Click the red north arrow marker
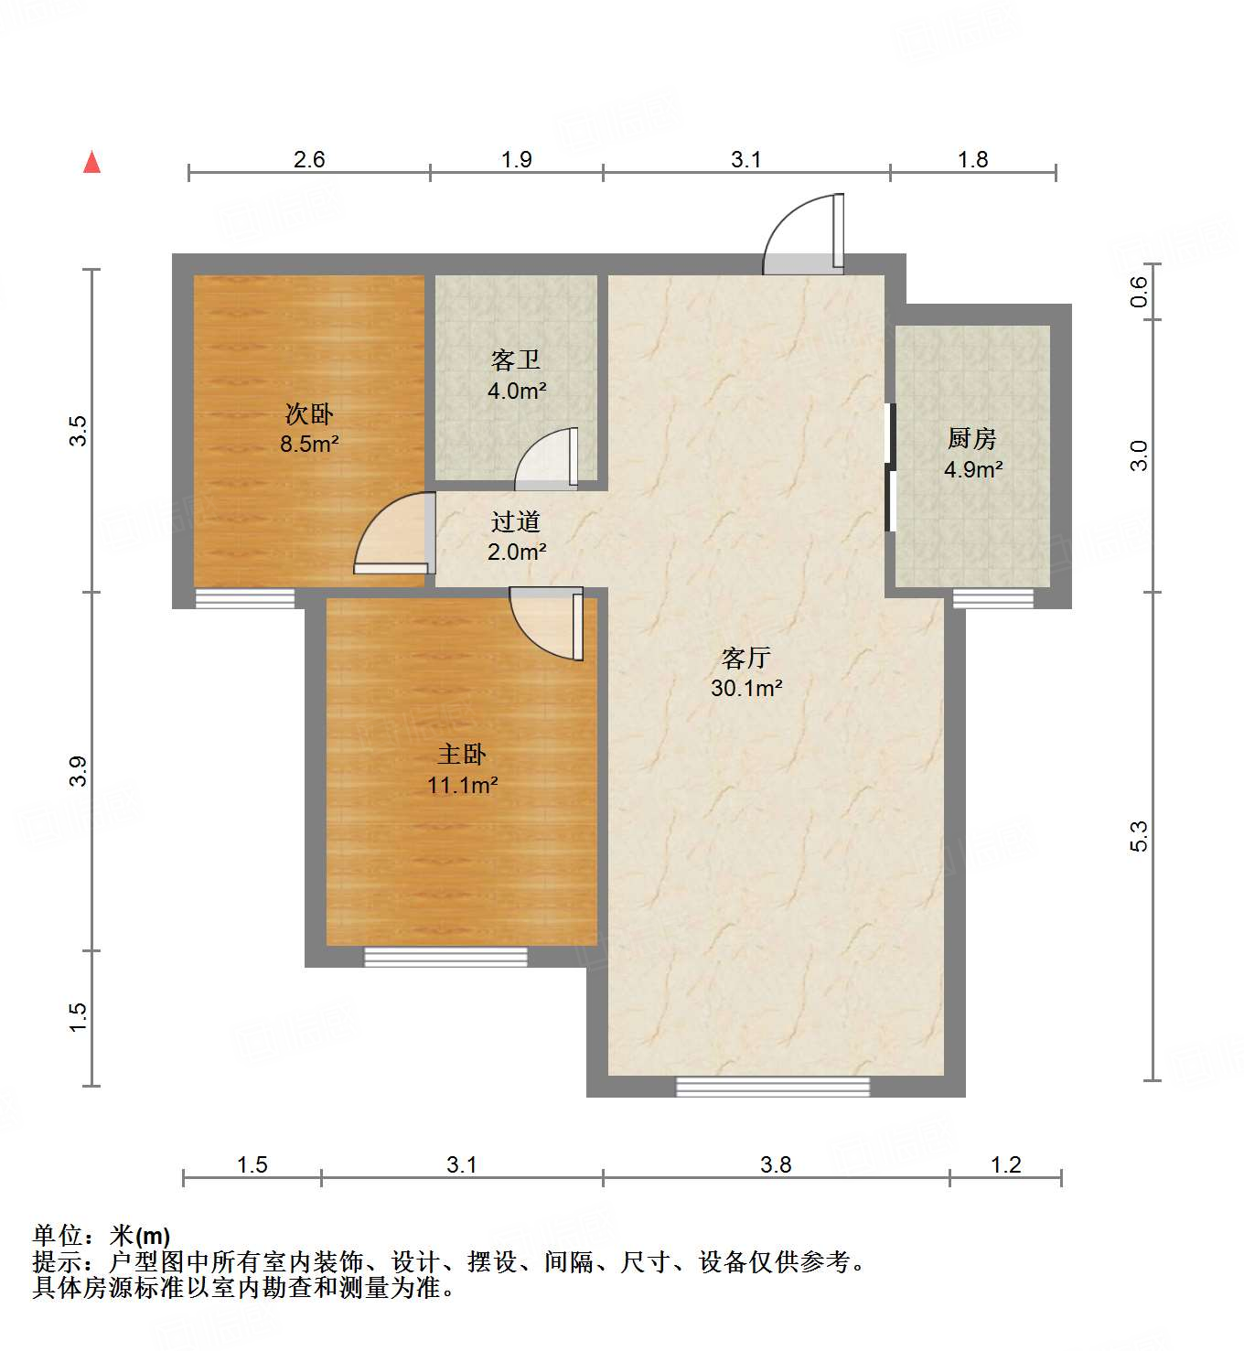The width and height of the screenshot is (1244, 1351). pyautogui.click(x=91, y=163)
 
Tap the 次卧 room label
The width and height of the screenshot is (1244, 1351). pyautogui.click(x=309, y=414)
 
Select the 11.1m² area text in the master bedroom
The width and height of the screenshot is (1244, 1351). pyautogui.click(x=462, y=785)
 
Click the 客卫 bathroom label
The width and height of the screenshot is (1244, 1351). pyautogui.click(x=516, y=360)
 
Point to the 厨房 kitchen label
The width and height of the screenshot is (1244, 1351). pyautogui.click(x=971, y=439)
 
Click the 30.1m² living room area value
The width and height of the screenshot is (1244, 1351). pyautogui.click(x=746, y=688)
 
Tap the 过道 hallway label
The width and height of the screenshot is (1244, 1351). pyautogui.click(x=516, y=521)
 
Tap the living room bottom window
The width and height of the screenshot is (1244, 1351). pyautogui.click(x=773, y=1087)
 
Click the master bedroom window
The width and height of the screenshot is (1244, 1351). pyautogui.click(x=445, y=957)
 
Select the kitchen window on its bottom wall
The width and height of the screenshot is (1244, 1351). pyautogui.click(x=992, y=599)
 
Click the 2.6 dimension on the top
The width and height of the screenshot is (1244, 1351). pyautogui.click(x=309, y=159)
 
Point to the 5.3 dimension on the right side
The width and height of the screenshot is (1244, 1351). pyautogui.click(x=1138, y=837)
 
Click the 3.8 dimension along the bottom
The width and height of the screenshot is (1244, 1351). pyautogui.click(x=776, y=1164)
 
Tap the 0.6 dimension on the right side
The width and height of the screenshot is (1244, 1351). pyautogui.click(x=1138, y=292)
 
